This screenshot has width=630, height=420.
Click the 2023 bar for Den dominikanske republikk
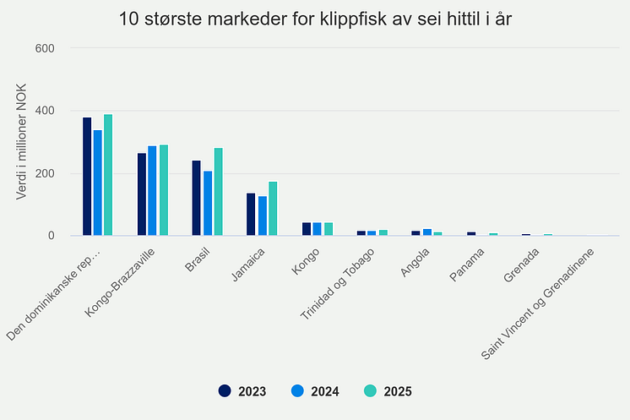87,177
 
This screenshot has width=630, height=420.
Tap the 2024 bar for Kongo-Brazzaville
152,191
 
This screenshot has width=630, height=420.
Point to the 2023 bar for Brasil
197,198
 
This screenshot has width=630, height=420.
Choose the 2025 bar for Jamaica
273,209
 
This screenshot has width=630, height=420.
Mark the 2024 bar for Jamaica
262,215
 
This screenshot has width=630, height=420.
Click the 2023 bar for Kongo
306,229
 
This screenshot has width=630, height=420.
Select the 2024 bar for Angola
427,232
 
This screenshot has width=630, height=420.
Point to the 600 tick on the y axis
45,48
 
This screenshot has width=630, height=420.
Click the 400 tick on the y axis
45,111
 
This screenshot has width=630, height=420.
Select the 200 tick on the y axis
45,173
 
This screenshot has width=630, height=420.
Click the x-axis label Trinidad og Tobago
345,284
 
